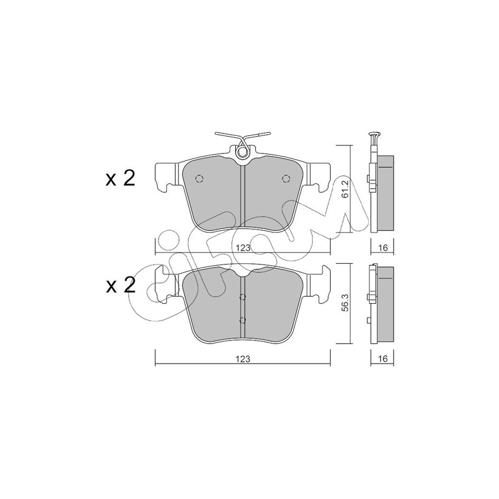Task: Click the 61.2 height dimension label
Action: point(346,189)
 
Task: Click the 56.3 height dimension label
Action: point(346,304)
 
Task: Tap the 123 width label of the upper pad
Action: point(243,248)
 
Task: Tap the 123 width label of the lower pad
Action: point(243,359)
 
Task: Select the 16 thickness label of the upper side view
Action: point(383,248)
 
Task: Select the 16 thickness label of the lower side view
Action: point(383,359)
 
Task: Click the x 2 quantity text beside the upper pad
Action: point(120,178)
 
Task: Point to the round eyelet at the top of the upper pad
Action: point(242,153)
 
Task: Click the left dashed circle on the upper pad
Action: point(199,179)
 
